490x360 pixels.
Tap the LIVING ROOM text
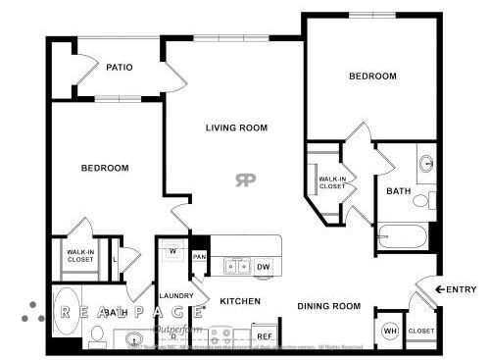pyautogui.click(x=236, y=129)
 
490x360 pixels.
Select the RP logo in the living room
pyautogui.click(x=245, y=180)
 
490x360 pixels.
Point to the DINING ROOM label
pyautogui.click(x=329, y=306)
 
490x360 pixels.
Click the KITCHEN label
pyautogui.click(x=239, y=300)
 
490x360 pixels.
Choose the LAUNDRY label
pyautogui.click(x=176, y=295)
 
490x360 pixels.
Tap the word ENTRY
pyautogui.click(x=461, y=289)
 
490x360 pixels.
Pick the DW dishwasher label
pyautogui.click(x=264, y=266)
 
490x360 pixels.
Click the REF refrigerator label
pyautogui.click(x=264, y=336)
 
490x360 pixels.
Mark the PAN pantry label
pyautogui.click(x=199, y=257)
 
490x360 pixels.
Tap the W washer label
pyautogui.click(x=171, y=251)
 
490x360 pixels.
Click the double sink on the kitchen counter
pyautogui.click(x=236, y=265)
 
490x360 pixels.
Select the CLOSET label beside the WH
pyautogui.click(x=421, y=331)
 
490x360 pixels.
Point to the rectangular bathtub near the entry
pyautogui.click(x=403, y=236)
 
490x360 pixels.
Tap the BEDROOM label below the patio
pyautogui.click(x=105, y=168)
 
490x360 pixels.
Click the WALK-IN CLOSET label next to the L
pyautogui.click(x=80, y=257)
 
